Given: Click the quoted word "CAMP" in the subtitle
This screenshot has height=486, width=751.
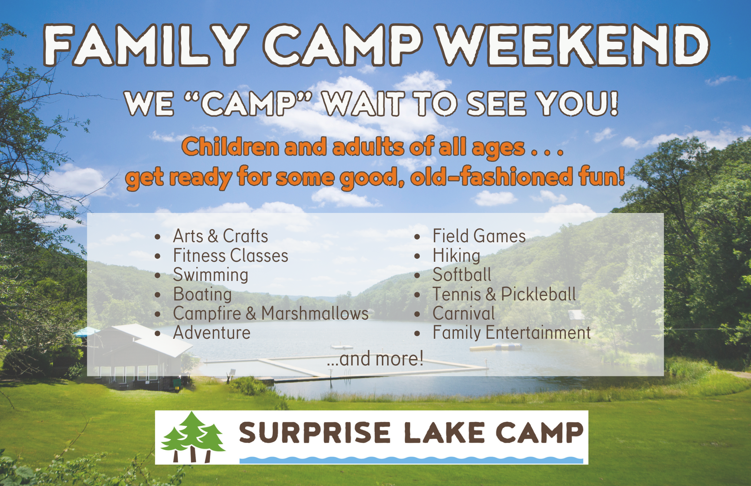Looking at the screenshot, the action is [x=249, y=104].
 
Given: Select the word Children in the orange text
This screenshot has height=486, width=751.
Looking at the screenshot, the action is [x=230, y=147].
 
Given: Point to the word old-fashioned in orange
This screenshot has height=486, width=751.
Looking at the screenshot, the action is [x=492, y=177].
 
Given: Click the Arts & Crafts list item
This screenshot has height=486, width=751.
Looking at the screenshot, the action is [x=220, y=236].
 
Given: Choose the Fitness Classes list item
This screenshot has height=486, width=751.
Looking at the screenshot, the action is [x=231, y=255].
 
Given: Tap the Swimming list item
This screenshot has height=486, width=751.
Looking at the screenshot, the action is [x=211, y=275].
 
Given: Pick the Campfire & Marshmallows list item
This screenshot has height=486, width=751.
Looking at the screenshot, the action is [x=271, y=314].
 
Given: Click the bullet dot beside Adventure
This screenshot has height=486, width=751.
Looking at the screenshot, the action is [x=158, y=333].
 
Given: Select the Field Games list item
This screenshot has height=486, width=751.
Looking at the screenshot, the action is [x=479, y=236].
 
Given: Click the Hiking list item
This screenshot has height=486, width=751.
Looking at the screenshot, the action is [x=456, y=256].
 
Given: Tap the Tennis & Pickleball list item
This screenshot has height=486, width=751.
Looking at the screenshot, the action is [x=504, y=294].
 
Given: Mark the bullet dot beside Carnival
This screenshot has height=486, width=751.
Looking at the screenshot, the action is [x=417, y=314].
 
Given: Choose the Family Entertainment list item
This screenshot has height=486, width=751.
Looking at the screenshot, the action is [x=512, y=333].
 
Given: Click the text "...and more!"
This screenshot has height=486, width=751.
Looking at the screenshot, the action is [x=375, y=358].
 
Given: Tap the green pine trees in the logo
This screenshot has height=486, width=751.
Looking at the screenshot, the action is [x=193, y=436].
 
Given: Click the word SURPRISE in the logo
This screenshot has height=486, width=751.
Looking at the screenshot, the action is [x=315, y=433].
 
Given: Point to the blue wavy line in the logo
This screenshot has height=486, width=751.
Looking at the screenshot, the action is [x=411, y=460].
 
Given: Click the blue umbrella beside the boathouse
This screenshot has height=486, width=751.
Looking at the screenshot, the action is [x=86, y=332].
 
